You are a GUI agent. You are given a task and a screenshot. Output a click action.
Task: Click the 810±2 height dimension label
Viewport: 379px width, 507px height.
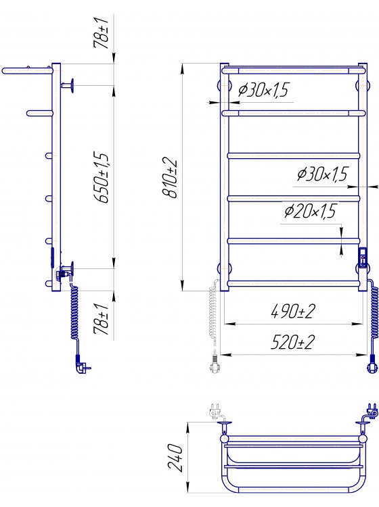pos(170,178)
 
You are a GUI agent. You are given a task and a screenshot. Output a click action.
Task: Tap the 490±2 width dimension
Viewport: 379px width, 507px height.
pos(292,311)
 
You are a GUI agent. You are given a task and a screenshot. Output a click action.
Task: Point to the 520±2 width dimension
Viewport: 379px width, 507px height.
pos(292,342)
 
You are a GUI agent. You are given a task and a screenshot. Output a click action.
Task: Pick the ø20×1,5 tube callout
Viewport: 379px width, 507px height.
pos(310,211)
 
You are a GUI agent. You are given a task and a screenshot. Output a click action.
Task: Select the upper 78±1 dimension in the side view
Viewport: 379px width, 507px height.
pos(101,34)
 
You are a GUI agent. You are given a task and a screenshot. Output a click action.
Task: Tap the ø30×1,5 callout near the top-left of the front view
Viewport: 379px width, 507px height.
pos(263,90)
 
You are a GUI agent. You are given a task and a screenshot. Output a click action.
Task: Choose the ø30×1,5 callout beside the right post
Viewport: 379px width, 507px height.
pos(322,174)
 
